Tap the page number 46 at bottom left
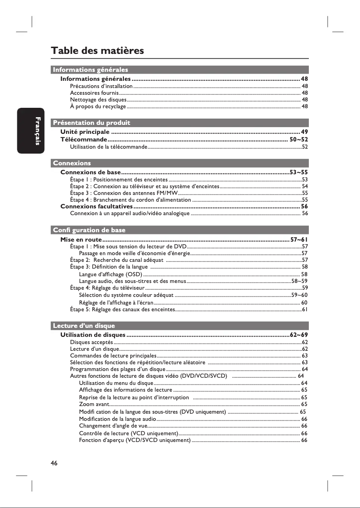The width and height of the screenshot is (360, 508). click(54, 463)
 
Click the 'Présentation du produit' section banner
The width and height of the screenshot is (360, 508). click(92, 123)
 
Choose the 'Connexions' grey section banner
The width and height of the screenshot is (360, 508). click(72, 163)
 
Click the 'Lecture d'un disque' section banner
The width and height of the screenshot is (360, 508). click(84, 326)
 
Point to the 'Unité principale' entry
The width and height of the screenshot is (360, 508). click(85, 132)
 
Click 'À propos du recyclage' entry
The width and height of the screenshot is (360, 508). click(98, 106)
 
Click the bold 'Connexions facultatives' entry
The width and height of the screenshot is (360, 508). click(97, 207)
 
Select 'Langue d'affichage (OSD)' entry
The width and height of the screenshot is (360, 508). click(110, 274)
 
